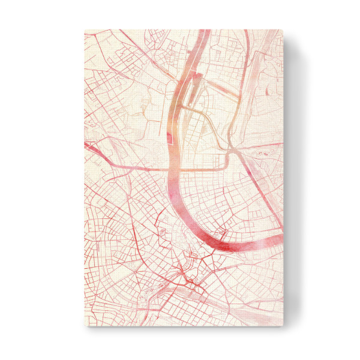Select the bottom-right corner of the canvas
click(x=281, y=329)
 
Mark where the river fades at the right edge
click(x=277, y=238)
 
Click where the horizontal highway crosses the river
click(x=176, y=169)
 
